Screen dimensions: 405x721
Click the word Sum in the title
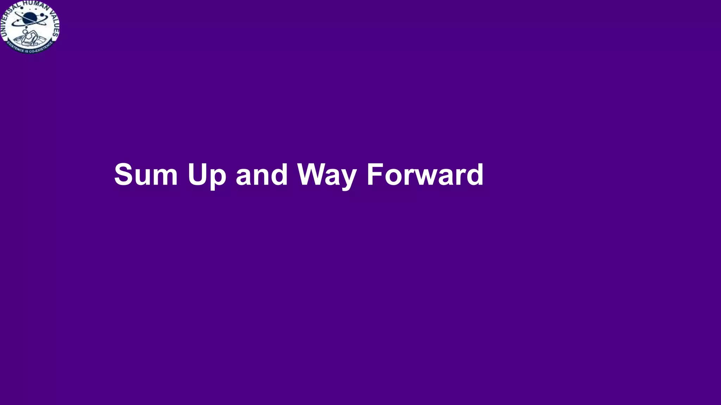pyautogui.click(x=146, y=174)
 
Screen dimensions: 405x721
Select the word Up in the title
pyautogui.click(x=207, y=175)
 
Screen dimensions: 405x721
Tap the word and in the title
pyautogui.click(x=262, y=174)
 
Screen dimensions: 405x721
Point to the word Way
pyautogui.click(x=327, y=175)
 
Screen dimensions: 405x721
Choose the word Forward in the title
pyautogui.click(x=425, y=174)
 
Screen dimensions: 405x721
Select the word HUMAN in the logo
pyautogui.click(x=34, y=5)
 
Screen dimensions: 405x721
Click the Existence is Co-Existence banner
pyautogui.click(x=30, y=48)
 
